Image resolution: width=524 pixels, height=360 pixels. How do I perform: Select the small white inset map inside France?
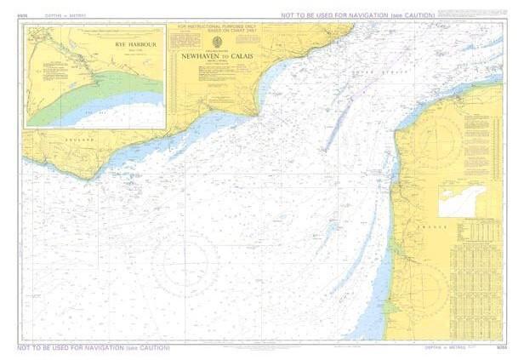[x=461, y=200]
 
